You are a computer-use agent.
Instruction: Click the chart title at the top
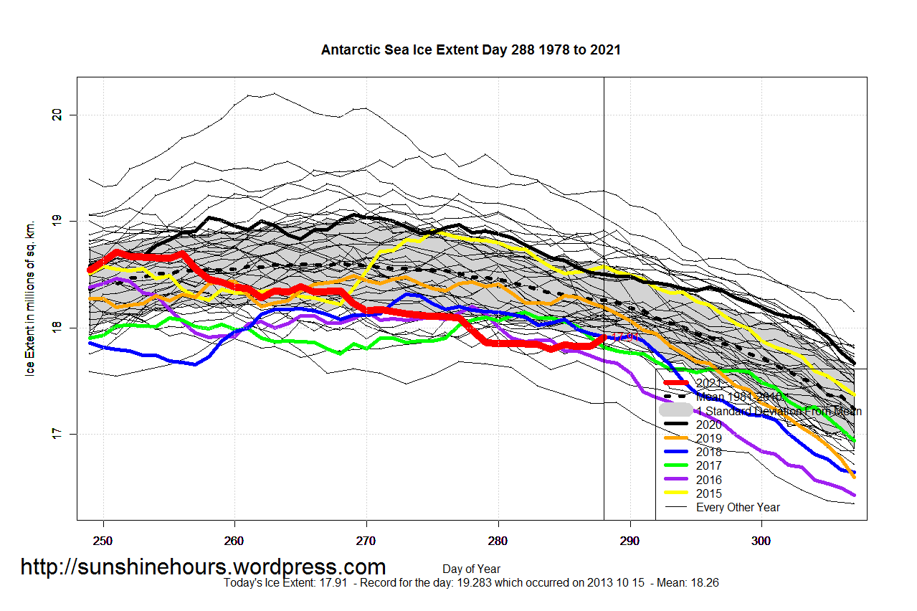pyautogui.click(x=470, y=50)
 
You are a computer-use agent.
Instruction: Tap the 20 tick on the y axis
pyautogui.click(x=58, y=115)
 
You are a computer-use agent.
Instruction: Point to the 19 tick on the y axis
pyautogui.click(x=58, y=221)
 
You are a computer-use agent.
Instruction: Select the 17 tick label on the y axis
pyautogui.click(x=58, y=433)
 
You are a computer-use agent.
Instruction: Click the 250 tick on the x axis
pyautogui.click(x=103, y=539)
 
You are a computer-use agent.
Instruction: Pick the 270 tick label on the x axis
pyautogui.click(x=366, y=539)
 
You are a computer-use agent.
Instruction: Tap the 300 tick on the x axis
pyautogui.click(x=761, y=539)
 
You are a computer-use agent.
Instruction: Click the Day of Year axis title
pyautogui.click(x=470, y=569)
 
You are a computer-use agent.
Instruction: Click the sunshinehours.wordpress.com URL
pyautogui.click(x=203, y=567)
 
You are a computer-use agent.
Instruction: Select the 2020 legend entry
pyautogui.click(x=708, y=425)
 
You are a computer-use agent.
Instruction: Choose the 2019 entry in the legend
pyautogui.click(x=708, y=439)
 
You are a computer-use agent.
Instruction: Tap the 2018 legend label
pyautogui.click(x=708, y=453)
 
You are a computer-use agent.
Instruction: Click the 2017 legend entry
pyautogui.click(x=708, y=466)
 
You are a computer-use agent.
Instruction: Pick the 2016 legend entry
pyautogui.click(x=708, y=480)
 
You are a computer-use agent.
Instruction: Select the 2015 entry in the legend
pyautogui.click(x=708, y=493)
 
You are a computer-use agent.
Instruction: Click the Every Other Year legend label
pyautogui.click(x=738, y=507)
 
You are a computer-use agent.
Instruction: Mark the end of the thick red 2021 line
pyautogui.click(x=604, y=336)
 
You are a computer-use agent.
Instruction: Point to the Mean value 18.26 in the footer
pyautogui.click(x=705, y=583)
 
